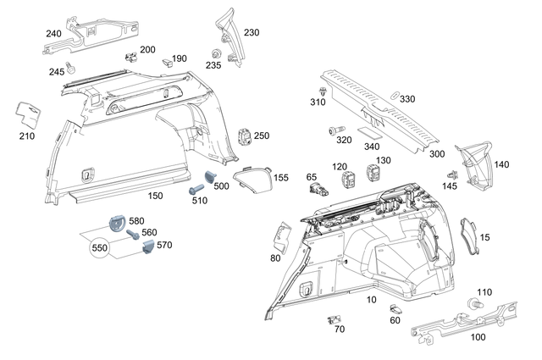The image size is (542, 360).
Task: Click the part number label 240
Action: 53,33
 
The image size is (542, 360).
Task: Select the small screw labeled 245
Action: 72,64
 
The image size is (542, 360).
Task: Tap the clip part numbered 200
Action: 131,58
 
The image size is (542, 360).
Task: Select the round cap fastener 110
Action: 473,303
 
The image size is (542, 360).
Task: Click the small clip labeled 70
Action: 330,319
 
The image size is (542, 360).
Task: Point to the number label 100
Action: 478,337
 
